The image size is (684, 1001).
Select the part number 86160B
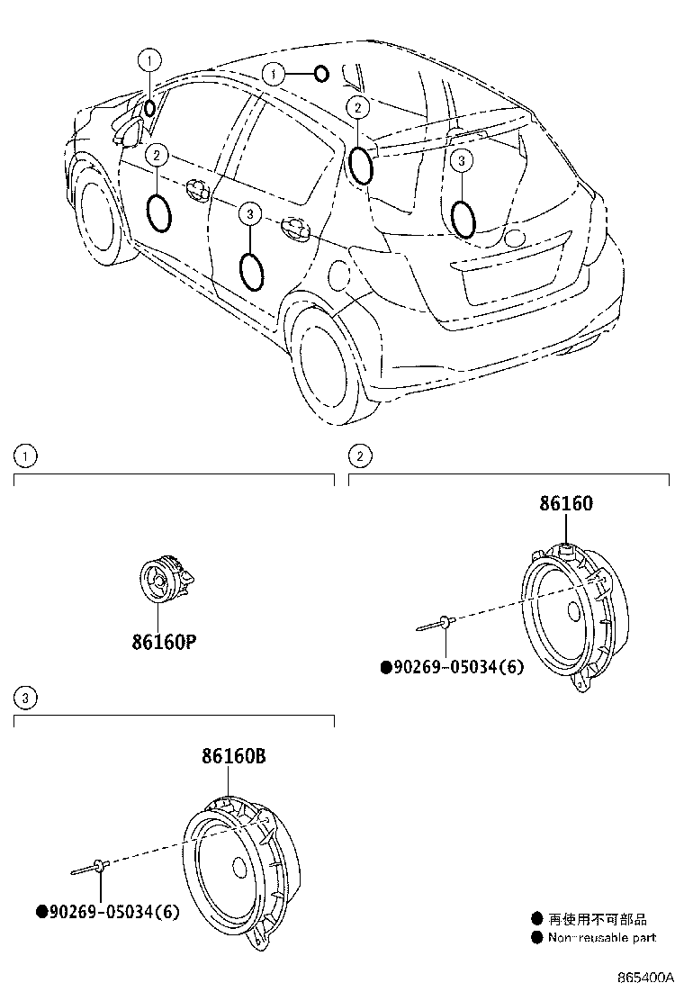coord(232,757)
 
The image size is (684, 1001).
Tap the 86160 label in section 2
coord(566,504)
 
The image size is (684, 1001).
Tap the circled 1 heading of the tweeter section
coord(26,456)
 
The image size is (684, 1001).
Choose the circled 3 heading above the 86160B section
coord(26,697)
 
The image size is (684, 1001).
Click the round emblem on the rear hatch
coord(514,238)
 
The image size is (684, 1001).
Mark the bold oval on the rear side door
coord(252,272)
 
